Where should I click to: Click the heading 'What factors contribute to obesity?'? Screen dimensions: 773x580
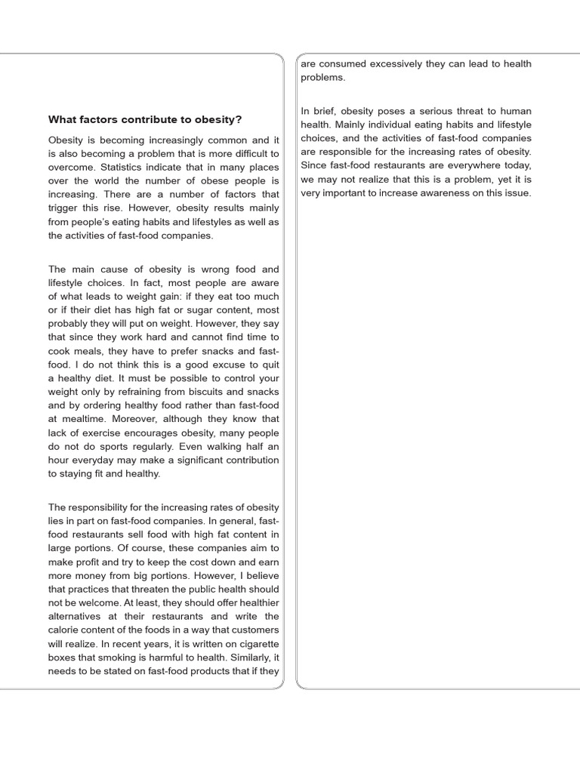coord(145,119)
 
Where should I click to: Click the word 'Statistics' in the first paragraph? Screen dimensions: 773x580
coord(125,168)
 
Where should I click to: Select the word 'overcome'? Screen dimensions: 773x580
coord(71,168)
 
